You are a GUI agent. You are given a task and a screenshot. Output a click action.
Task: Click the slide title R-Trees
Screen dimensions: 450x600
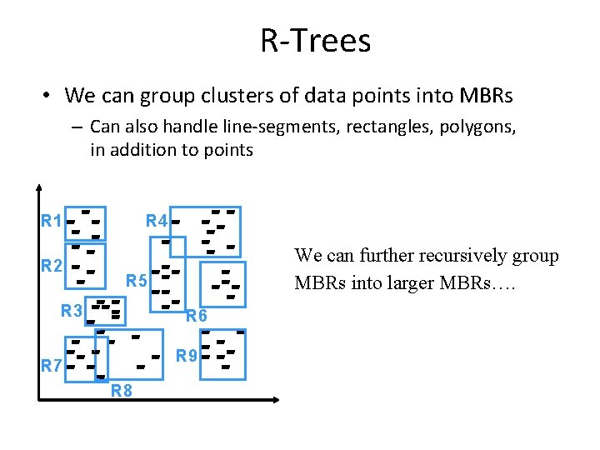point(315,40)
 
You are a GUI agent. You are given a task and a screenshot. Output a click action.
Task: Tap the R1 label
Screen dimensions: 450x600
point(52,222)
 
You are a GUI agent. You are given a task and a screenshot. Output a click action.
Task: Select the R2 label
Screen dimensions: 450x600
point(52,267)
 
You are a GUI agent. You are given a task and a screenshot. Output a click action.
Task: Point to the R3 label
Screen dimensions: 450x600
point(72,312)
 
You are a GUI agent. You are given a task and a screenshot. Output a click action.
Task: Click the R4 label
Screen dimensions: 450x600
point(157,222)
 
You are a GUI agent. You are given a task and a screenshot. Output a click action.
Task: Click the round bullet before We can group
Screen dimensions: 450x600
point(47,97)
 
